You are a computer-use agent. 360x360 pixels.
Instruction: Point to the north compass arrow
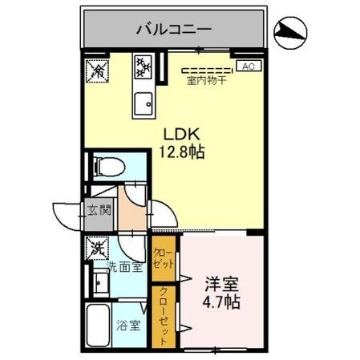click(291, 32)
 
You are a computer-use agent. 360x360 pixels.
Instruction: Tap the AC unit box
click(248, 67)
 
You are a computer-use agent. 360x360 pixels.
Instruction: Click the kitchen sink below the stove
click(145, 102)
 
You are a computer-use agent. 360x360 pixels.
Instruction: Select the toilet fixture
click(107, 167)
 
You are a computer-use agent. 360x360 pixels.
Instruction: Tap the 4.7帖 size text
click(220, 305)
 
